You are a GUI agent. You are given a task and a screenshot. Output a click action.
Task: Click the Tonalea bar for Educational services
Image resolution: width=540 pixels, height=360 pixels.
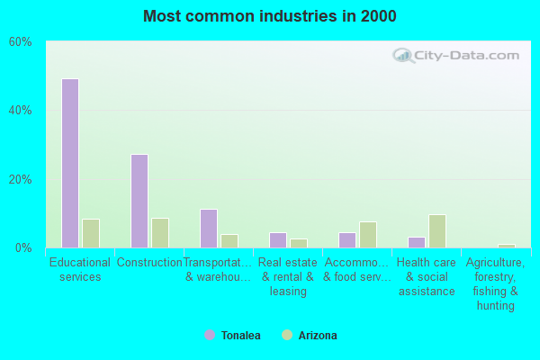pyautogui.click(x=70, y=163)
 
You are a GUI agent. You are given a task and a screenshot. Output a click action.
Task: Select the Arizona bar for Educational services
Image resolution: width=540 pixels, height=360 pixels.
pyautogui.click(x=91, y=233)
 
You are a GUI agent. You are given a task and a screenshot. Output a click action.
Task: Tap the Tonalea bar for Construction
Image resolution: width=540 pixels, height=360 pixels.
pyautogui.click(x=139, y=201)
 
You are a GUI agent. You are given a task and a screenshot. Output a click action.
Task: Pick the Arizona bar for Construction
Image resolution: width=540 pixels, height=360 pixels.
pyautogui.click(x=160, y=232)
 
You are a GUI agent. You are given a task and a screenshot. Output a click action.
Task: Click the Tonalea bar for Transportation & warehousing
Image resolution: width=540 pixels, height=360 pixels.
pyautogui.click(x=209, y=228)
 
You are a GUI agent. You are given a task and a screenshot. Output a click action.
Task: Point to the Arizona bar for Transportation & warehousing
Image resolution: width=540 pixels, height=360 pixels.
pyautogui.click(x=229, y=240)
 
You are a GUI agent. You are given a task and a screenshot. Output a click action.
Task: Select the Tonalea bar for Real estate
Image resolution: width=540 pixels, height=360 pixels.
pyautogui.click(x=278, y=239)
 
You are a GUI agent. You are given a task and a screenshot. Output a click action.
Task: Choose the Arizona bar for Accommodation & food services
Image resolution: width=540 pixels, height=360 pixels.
pyautogui.click(x=368, y=234)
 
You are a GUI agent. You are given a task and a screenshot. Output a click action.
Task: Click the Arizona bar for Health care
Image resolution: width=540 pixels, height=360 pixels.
pyautogui.click(x=437, y=230)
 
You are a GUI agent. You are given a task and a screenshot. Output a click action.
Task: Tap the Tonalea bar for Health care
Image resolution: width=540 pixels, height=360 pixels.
pyautogui.click(x=417, y=242)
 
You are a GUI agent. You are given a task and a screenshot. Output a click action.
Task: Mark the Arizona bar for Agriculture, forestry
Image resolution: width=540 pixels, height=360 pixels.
pyautogui.click(x=507, y=246)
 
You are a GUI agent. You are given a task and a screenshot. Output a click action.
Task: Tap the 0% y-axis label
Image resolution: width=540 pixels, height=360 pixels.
pyautogui.click(x=23, y=247)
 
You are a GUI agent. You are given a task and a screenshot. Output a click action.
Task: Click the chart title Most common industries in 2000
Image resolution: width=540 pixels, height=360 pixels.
pyautogui.click(x=270, y=16)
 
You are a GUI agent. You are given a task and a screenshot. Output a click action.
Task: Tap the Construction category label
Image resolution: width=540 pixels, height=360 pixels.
pyautogui.click(x=149, y=263)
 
